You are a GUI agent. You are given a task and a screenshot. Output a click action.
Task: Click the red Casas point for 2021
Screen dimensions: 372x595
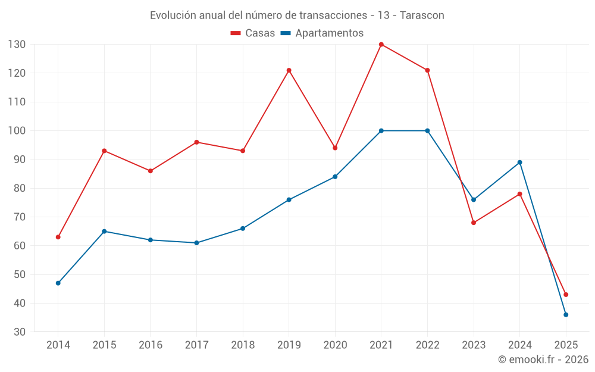pos(381,45)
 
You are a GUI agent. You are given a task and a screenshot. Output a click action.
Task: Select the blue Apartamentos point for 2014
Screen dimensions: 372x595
pos(58,283)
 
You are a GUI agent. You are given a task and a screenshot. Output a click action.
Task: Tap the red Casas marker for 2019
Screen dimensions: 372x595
pos(289,70)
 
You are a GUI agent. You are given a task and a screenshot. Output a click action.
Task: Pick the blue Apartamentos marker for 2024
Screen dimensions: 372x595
pos(519,162)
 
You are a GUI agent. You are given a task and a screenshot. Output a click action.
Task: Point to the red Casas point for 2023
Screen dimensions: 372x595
pos(474,223)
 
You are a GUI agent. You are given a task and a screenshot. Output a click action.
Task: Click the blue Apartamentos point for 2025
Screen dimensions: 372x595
pos(566,314)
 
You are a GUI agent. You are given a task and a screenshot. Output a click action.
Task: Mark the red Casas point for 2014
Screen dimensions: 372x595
pos(58,237)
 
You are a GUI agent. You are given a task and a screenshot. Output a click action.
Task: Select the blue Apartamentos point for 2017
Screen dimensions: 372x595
pos(196,243)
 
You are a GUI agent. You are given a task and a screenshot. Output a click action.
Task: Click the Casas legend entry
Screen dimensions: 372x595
pos(253,33)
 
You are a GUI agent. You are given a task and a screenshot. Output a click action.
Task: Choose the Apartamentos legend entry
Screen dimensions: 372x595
pos(322,33)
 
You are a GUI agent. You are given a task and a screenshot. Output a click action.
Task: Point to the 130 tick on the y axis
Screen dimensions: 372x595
pos(17,45)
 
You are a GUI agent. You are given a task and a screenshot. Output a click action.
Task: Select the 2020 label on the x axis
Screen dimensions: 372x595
pos(335,345)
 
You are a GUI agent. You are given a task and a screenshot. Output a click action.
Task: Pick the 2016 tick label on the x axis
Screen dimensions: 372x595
pos(151,345)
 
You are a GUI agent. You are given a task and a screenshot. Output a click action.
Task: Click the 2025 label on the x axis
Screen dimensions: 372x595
pos(566,345)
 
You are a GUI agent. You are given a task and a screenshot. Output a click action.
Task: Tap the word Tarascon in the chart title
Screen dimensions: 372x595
pos(422,15)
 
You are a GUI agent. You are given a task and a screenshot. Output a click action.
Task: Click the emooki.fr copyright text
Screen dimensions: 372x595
pos(543,360)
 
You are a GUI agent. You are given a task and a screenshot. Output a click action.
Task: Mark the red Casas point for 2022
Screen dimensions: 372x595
pos(427,70)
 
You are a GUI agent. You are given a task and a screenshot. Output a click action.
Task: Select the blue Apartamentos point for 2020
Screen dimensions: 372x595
pos(335,177)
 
